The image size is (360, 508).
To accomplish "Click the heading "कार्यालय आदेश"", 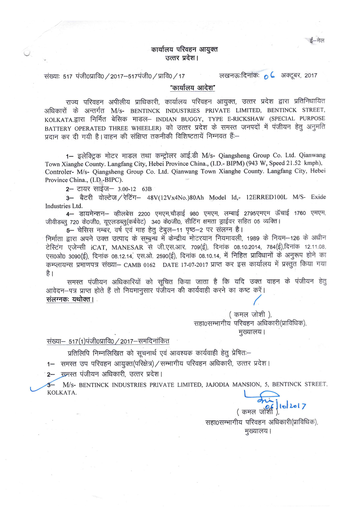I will [192, 88].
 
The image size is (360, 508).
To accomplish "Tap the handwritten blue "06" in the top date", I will [269, 76].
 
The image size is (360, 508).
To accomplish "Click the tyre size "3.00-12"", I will [127, 189].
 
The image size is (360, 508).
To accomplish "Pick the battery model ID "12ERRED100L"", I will [266, 197].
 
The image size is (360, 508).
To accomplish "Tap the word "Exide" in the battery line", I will [318, 197].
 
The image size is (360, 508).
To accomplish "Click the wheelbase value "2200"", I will [144, 214].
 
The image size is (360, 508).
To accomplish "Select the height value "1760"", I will [300, 213].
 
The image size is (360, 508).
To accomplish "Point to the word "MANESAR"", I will [127, 248].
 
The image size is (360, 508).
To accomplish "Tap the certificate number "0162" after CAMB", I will [149, 265].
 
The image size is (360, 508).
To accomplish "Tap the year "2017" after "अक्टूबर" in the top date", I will [311, 75].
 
